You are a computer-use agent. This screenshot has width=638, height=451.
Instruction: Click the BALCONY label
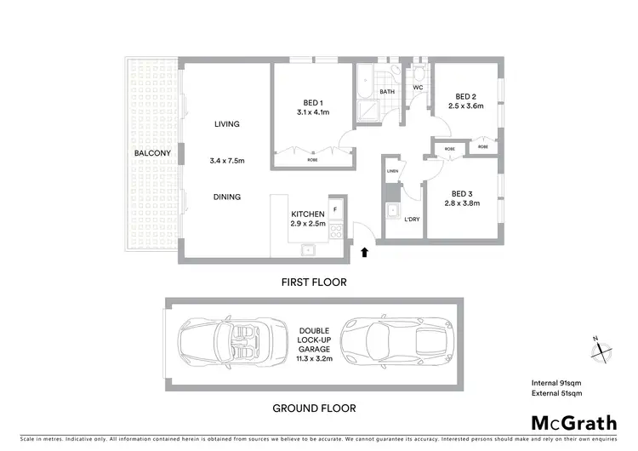click(x=152, y=153)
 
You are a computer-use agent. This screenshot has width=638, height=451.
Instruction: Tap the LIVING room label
click(x=227, y=124)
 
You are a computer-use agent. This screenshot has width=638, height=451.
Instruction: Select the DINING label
click(x=227, y=197)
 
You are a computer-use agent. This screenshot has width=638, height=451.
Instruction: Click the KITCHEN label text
click(x=307, y=213)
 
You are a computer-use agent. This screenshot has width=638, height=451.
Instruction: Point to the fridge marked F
click(x=335, y=208)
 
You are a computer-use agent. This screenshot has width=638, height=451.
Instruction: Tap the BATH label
click(x=387, y=92)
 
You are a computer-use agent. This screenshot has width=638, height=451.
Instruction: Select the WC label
click(x=419, y=88)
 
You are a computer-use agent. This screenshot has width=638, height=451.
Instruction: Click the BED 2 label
click(x=465, y=96)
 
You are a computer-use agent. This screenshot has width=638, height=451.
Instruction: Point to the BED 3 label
click(x=463, y=193)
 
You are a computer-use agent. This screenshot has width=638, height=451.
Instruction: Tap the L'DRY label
click(x=412, y=220)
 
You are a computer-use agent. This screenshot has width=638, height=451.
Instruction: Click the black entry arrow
click(x=366, y=252)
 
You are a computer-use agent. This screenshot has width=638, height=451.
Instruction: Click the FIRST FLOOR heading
click(x=314, y=282)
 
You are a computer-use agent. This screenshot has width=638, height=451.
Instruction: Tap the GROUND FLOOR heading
click(x=314, y=408)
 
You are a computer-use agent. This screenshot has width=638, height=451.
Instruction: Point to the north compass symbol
click(x=598, y=350)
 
